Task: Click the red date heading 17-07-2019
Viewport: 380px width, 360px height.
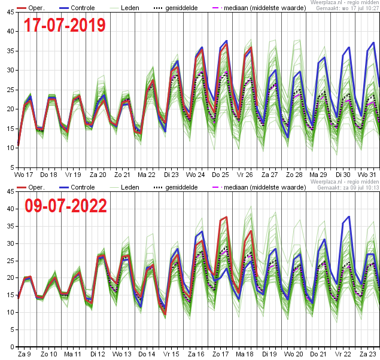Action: coord(65,25)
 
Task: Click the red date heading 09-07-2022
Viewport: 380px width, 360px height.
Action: coord(66,206)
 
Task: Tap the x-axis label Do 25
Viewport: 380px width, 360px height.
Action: coord(220,175)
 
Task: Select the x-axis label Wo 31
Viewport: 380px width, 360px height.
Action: coord(367,175)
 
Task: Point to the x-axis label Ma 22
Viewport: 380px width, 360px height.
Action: coord(147,175)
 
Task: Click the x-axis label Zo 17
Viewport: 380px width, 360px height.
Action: coord(221,354)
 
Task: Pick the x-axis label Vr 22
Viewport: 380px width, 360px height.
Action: coord(343,354)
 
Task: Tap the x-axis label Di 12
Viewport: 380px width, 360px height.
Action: coord(98,354)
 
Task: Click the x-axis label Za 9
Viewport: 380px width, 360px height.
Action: coord(24,354)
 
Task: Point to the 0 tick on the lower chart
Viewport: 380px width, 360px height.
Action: coord(12,347)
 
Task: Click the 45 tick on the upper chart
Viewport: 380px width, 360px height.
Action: coord(10,12)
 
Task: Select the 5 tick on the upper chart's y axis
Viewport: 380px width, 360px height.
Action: coord(12,167)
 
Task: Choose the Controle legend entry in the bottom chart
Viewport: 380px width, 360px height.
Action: coord(77,187)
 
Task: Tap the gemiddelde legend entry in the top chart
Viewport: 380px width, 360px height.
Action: coord(176,8)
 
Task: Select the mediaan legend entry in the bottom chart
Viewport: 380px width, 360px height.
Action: coord(259,187)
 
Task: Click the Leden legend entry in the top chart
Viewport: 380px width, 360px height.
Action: coord(124,8)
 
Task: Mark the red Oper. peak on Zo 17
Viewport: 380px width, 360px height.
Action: coord(227,217)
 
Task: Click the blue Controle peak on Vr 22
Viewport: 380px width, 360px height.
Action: coord(349,216)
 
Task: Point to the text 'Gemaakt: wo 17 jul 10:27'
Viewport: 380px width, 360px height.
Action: coord(348,8)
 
